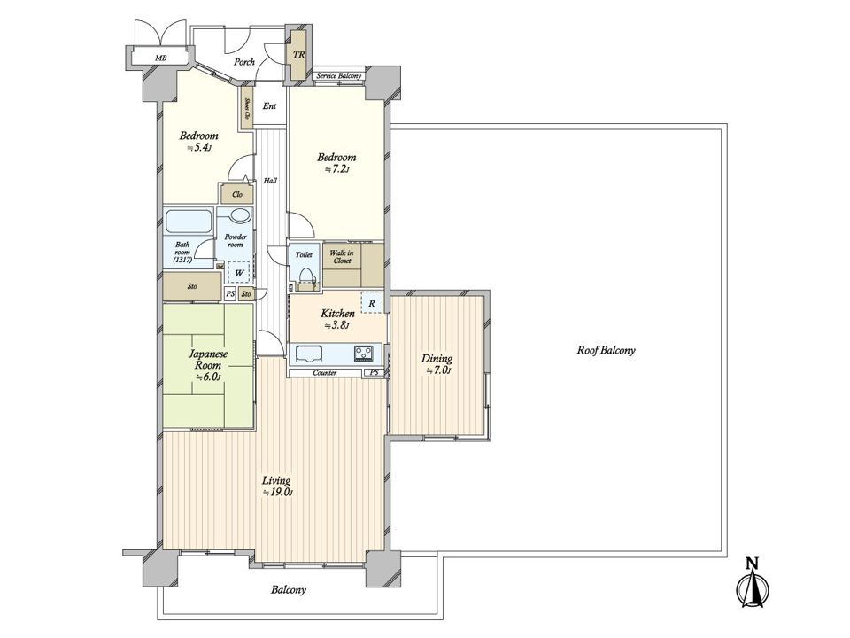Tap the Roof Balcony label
coord(606,351)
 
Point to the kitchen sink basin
coord(307,354)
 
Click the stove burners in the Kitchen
coord(364,354)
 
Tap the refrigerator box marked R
coord(372,303)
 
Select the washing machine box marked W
coord(239,272)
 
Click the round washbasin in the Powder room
coord(240,215)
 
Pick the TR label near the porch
coord(298,55)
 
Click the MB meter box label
coord(160,58)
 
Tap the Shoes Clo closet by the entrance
coord(247,108)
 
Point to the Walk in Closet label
coord(343,257)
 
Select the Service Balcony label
coord(339,76)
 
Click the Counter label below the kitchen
coord(325,373)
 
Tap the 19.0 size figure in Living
coord(277,493)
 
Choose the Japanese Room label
coord(207,359)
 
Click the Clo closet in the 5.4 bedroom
coord(237,195)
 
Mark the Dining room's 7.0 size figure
coord(437,371)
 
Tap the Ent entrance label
coord(269,106)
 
